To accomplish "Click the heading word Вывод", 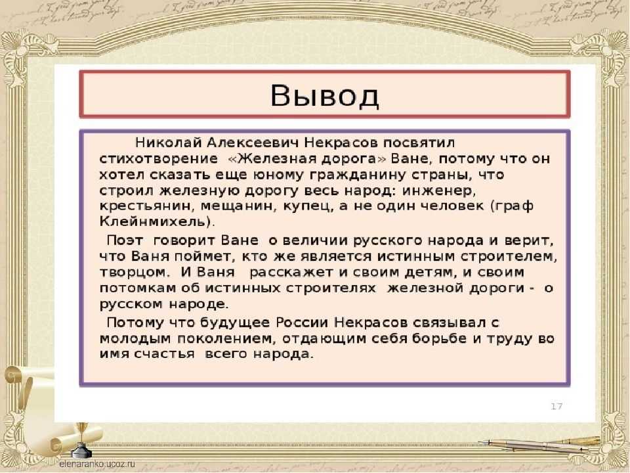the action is coord(325,97).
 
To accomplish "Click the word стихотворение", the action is coord(159,159).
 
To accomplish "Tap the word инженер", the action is coord(439,191).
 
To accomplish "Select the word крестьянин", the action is coord(146,206).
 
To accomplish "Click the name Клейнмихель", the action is coord(155,222).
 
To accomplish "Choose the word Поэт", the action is coord(125,240).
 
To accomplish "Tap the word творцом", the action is coord(133,272).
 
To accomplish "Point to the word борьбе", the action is coord(439,338).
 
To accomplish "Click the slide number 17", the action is coord(556,406).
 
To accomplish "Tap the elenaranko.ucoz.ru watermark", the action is coord(97,464).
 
